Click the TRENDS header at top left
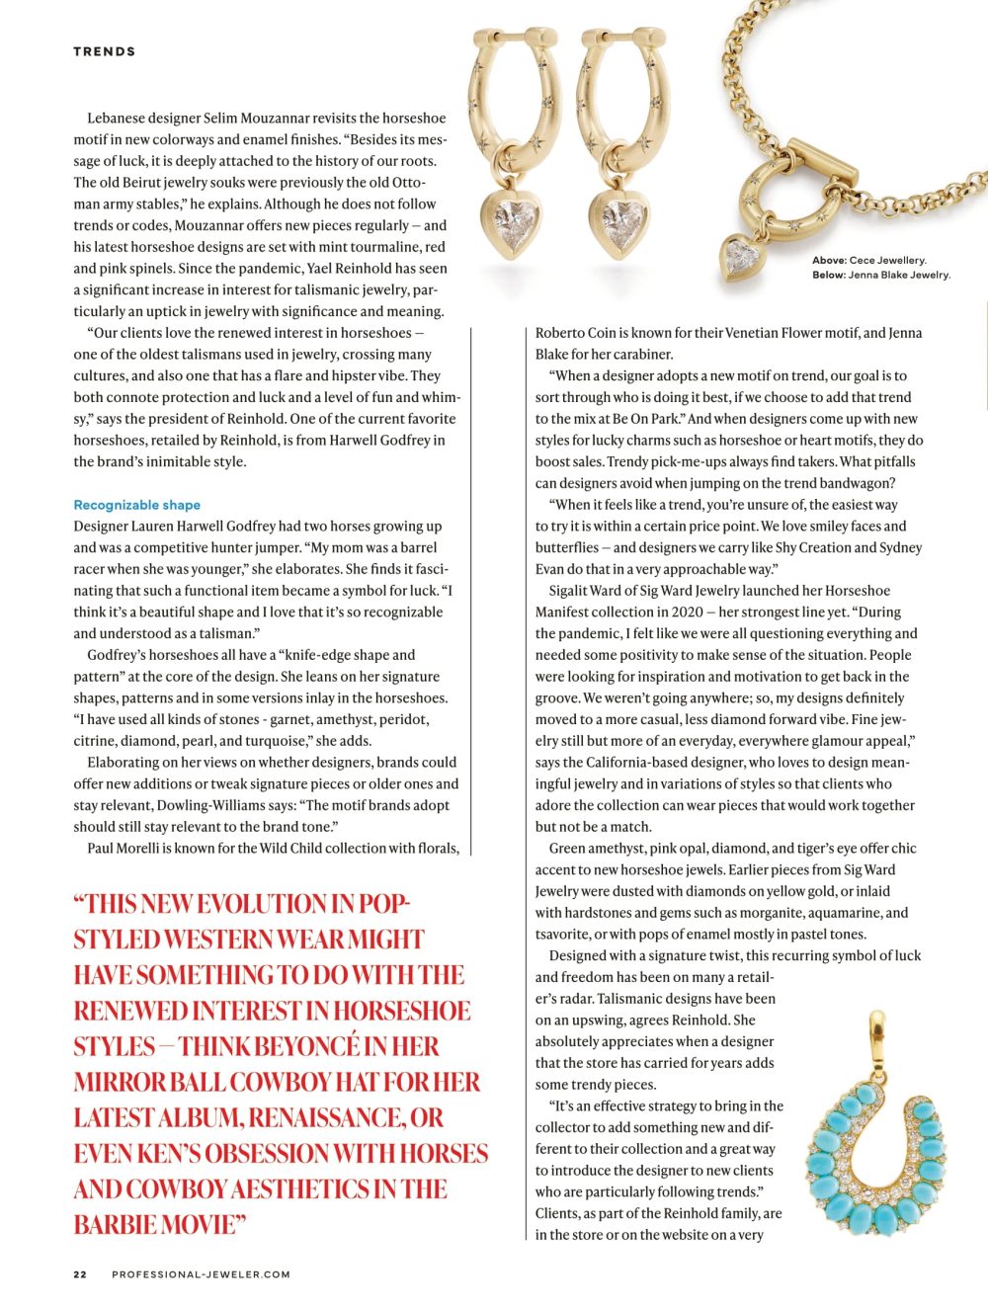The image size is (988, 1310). [x=104, y=51]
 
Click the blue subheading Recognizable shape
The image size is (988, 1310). [x=136, y=505]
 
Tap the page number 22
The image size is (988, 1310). [x=80, y=1274]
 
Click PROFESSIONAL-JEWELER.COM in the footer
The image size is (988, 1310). [x=201, y=1274]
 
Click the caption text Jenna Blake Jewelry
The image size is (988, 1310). [x=898, y=275]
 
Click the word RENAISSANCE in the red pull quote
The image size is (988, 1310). [x=325, y=1117]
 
